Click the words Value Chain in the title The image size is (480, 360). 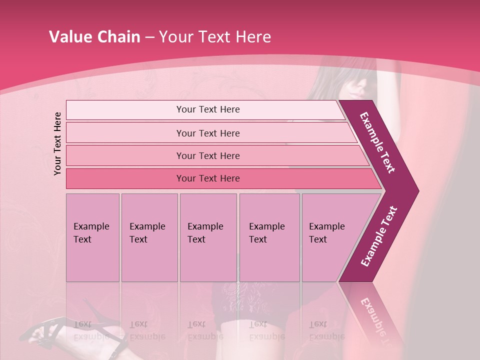[x=94, y=37]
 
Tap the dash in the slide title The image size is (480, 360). [x=149, y=37]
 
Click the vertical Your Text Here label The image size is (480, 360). [x=57, y=143]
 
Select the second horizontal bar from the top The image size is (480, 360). [x=207, y=133]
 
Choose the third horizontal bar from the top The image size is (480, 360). [x=207, y=155]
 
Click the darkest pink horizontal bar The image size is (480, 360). [x=207, y=178]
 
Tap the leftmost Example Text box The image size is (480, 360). [x=92, y=237]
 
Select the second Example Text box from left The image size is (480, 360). [x=149, y=237]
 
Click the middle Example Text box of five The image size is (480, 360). [x=208, y=237]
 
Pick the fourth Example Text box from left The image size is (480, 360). [x=269, y=237]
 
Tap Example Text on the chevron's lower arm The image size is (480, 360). [x=379, y=236]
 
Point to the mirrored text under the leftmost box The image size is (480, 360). [x=91, y=330]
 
